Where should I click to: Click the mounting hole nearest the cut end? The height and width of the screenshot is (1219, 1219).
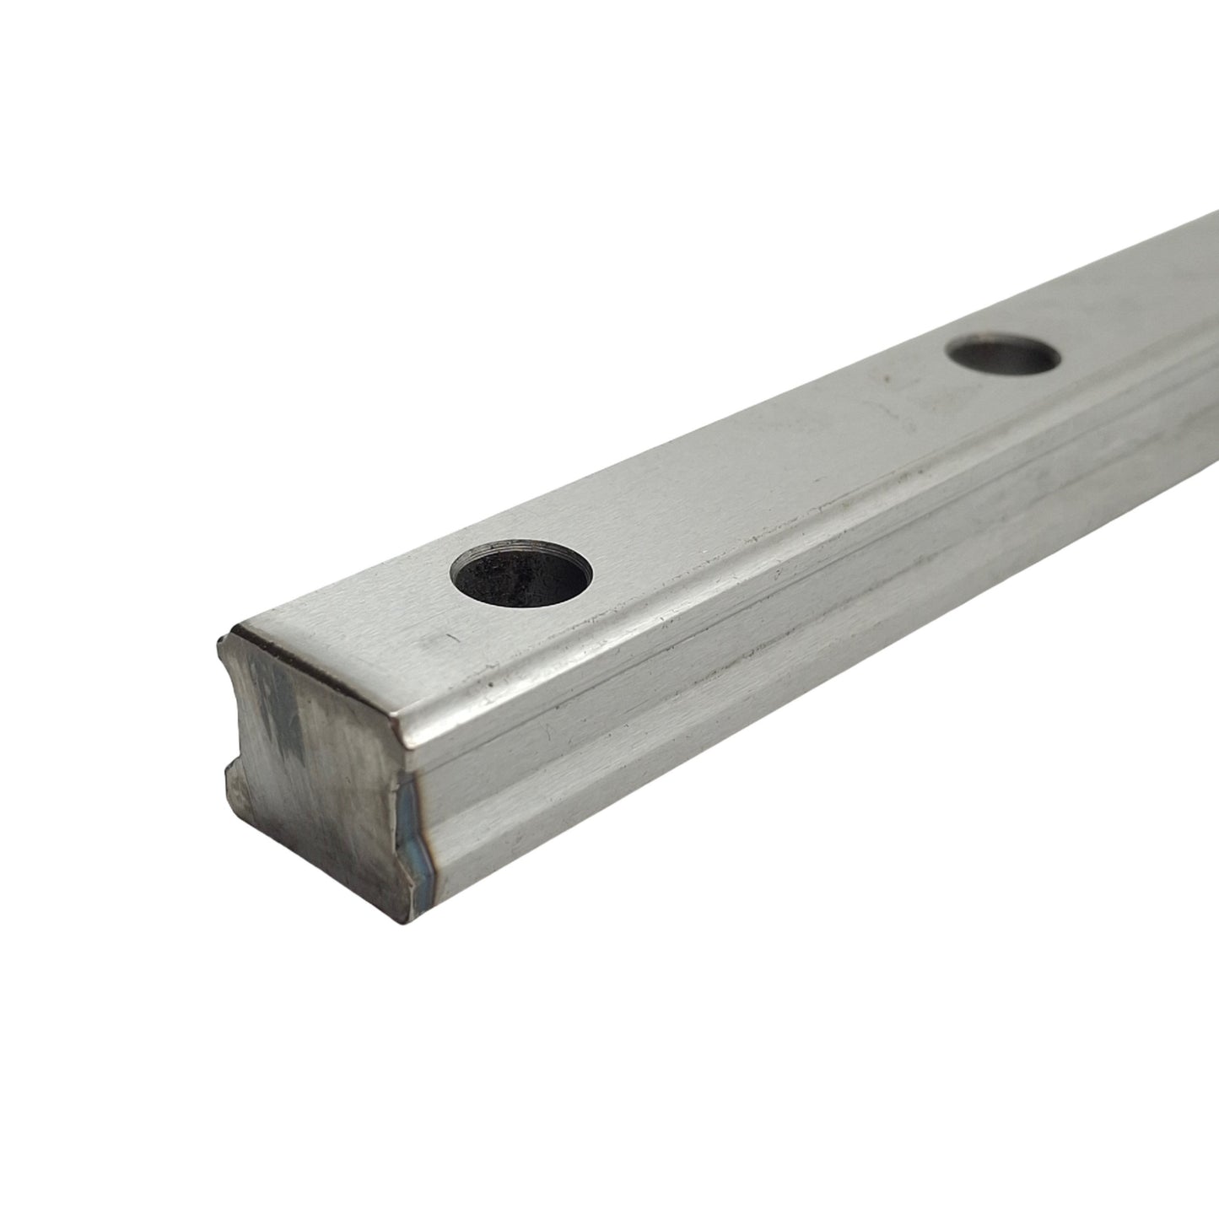[521, 574]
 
